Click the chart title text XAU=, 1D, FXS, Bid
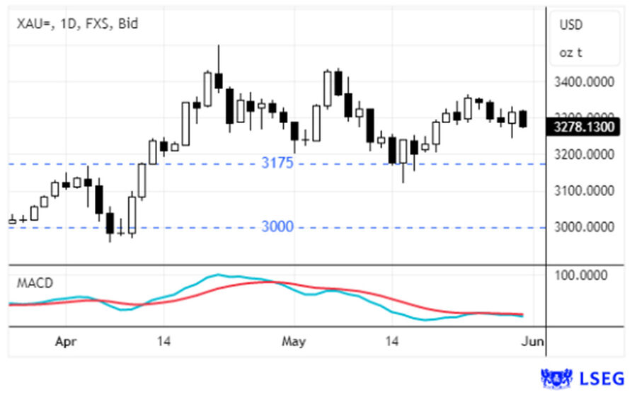click(78, 24)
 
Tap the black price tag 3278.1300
click(583, 127)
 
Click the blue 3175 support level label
click(277, 163)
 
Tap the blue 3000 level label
click(277, 226)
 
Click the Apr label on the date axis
click(65, 343)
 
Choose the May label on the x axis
click(293, 343)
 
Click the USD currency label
click(571, 25)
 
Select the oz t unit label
click(570, 52)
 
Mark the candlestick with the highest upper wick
click(219, 81)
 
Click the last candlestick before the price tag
click(523, 118)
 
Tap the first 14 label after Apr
click(164, 343)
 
